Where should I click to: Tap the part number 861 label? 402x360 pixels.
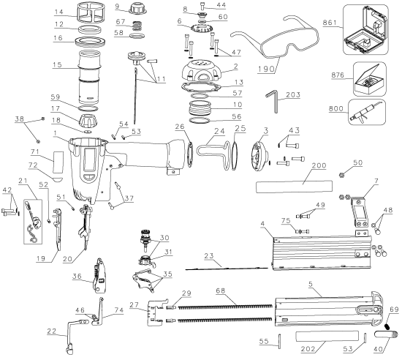[x=330, y=23]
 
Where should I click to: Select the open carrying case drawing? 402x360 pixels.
[x=365, y=29]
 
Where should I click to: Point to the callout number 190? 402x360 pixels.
[x=266, y=69]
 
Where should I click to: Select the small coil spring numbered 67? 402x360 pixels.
[x=137, y=26]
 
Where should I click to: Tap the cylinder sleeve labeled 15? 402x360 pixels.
[x=89, y=77]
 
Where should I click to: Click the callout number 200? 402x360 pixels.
[x=319, y=165]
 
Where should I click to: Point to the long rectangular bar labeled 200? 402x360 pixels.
[x=294, y=187]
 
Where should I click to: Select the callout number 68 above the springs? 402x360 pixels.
[x=221, y=290]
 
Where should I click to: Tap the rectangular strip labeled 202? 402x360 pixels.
[x=327, y=336]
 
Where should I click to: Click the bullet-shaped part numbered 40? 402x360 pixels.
[x=387, y=334]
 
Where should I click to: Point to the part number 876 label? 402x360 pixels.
[x=338, y=75]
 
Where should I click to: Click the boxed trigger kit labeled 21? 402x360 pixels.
[x=33, y=222]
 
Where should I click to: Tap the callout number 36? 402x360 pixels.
[x=77, y=276]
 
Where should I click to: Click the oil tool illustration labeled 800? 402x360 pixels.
[x=367, y=112]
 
